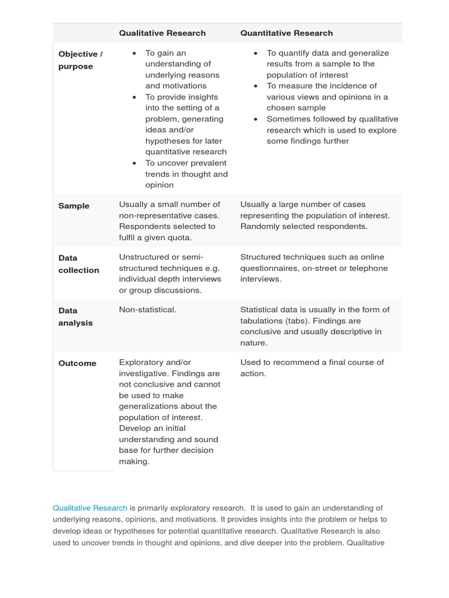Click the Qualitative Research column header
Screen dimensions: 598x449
[x=162, y=33]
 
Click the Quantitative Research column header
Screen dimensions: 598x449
[x=286, y=33]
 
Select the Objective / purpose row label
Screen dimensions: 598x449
[x=80, y=60]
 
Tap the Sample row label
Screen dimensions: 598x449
[x=74, y=206]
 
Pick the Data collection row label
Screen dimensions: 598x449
[x=78, y=264]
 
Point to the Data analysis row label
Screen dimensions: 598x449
[x=75, y=317]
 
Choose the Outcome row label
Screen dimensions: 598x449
[x=77, y=363]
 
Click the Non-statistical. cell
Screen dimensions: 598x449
[x=147, y=310]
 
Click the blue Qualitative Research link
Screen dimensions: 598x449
[x=89, y=508]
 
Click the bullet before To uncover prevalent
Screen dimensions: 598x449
[x=134, y=164]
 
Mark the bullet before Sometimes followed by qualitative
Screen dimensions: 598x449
[x=255, y=119]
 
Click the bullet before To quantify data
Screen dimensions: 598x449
[x=255, y=53]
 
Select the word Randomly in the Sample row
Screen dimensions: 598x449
[x=258, y=227]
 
